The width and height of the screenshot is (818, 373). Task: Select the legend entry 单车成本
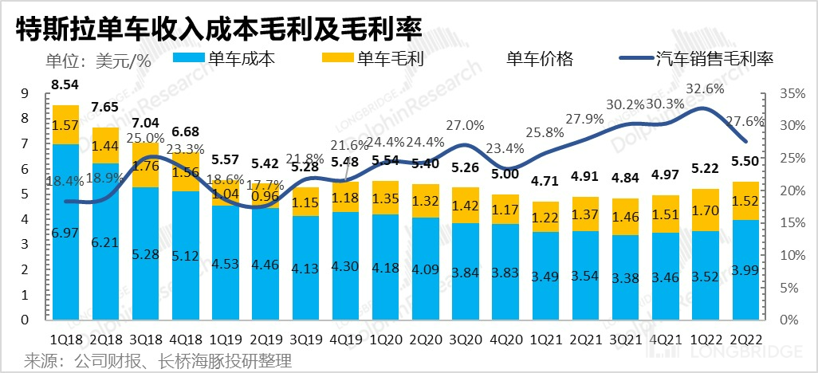pos(240,58)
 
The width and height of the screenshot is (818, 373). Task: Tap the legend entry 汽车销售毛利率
pos(714,58)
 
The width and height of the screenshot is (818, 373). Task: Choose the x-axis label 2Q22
pos(743,340)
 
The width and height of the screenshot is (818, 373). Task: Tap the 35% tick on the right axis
pos(785,93)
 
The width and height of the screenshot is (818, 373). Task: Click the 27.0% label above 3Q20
pos(465,125)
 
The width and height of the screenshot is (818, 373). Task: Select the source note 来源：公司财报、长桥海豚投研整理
pos(158,360)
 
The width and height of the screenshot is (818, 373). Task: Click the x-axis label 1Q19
pos(225,340)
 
